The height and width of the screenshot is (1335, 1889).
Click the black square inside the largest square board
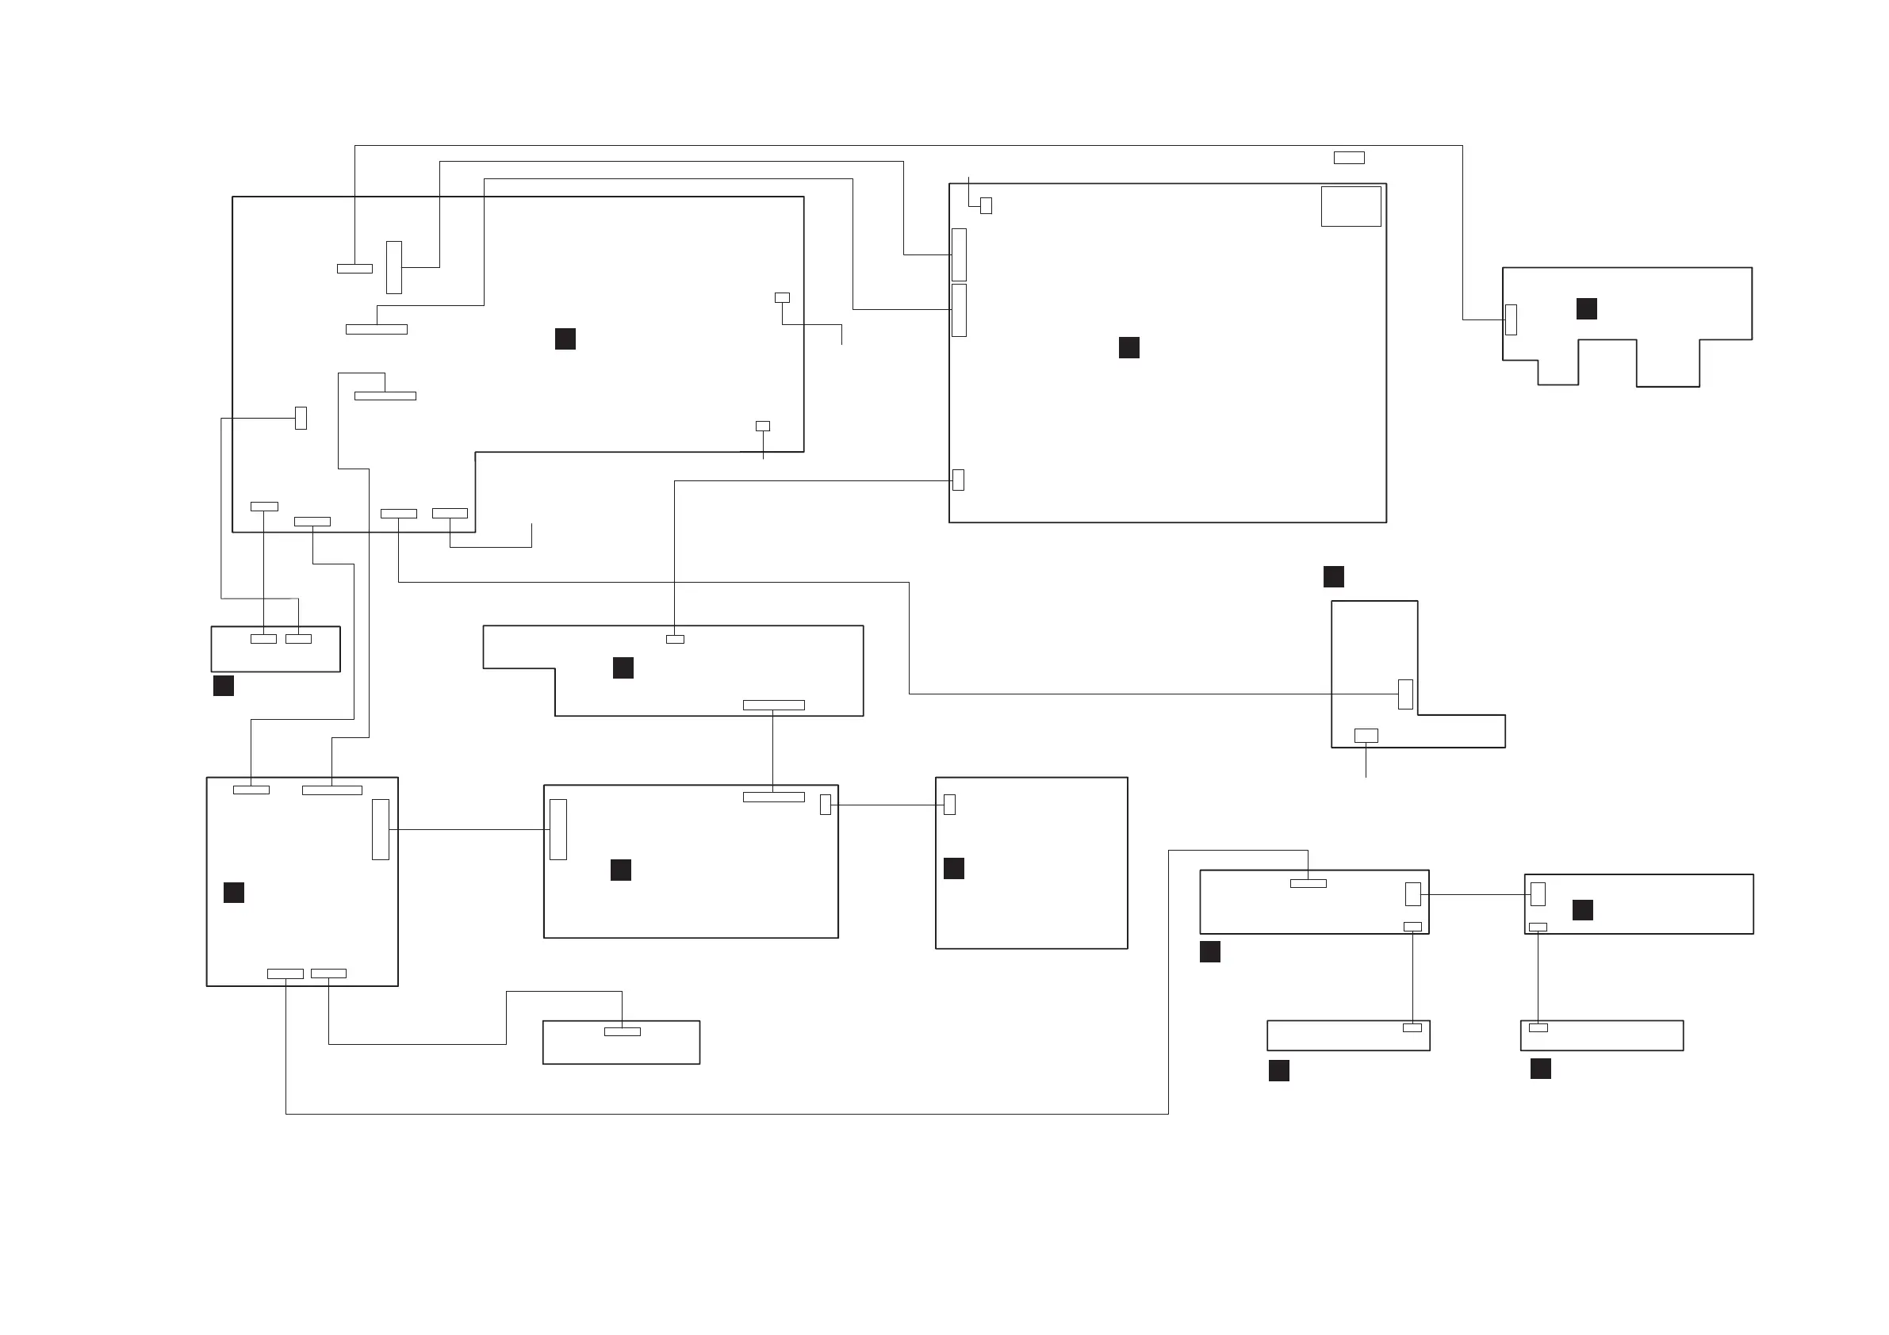pos(1128,348)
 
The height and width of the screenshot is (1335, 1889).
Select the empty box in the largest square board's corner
pos(1351,206)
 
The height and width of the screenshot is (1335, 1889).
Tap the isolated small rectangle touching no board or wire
pos(1348,158)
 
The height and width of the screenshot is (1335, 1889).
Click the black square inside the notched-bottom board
pos(1586,308)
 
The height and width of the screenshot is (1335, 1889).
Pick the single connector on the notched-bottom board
pos(1511,320)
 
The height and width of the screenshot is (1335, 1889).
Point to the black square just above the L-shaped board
pos(1334,576)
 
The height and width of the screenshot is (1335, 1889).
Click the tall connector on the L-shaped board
pos(1405,694)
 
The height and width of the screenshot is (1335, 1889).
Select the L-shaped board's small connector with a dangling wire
pos(1366,736)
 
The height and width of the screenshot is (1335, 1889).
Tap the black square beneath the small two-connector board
pos(223,685)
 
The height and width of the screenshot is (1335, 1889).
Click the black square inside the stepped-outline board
pos(623,668)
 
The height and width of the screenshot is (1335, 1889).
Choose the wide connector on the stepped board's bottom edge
pos(773,705)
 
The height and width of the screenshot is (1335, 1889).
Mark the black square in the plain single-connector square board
pos(953,869)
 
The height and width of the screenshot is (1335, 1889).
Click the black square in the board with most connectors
pos(565,339)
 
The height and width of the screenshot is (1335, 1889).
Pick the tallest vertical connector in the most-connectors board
pos(394,267)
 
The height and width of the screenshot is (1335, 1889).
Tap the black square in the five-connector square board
pos(234,893)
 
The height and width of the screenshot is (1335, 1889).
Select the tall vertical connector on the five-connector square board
pos(380,829)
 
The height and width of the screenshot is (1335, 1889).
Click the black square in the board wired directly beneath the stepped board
pos(620,870)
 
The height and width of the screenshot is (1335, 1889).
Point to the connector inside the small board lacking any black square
pos(622,1031)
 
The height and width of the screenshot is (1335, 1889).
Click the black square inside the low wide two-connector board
pos(1582,910)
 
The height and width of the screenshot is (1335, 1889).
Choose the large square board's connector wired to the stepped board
pos(958,480)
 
